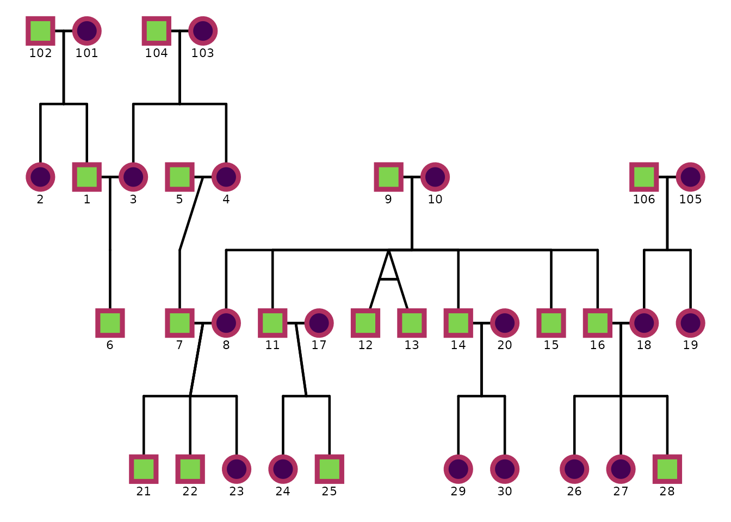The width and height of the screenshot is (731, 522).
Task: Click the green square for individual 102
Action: pyautogui.click(x=40, y=30)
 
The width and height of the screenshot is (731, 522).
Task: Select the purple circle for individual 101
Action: pyautogui.click(x=87, y=30)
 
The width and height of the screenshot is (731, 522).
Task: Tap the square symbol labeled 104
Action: pyautogui.click(x=157, y=30)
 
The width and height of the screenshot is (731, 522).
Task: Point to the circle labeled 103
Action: pyautogui.click(x=203, y=30)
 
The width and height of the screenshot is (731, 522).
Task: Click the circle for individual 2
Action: pyautogui.click(x=40, y=177)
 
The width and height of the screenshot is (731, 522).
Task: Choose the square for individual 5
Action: pyautogui.click(x=179, y=177)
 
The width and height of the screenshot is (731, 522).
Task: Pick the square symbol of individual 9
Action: pyautogui.click(x=388, y=177)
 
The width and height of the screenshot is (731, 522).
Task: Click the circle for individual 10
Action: pyautogui.click(x=435, y=177)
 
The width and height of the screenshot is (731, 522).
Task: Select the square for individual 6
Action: pyautogui.click(x=110, y=323)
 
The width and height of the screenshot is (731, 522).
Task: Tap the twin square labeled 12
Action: pyautogui.click(x=365, y=323)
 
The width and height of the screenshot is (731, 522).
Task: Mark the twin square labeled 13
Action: pyautogui.click(x=412, y=323)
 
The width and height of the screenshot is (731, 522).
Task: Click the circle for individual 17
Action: pyautogui.click(x=319, y=323)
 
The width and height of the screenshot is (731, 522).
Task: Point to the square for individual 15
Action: pyautogui.click(x=551, y=323)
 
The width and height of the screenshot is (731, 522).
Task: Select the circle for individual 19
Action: pyautogui.click(x=691, y=323)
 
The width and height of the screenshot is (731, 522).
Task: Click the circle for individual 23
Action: pyautogui.click(x=237, y=469)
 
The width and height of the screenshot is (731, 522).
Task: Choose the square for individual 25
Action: pyautogui.click(x=330, y=469)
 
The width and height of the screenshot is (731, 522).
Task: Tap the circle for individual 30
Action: pyautogui.click(x=505, y=469)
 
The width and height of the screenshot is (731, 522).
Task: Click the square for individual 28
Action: pyautogui.click(x=667, y=469)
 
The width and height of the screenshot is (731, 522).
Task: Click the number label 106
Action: pyautogui.click(x=644, y=200)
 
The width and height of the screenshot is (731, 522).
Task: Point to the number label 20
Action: pyautogui.click(x=505, y=345)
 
